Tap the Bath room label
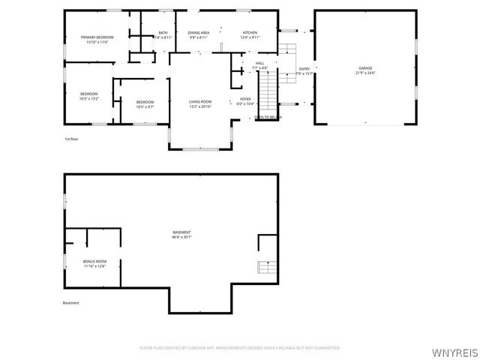pyautogui.click(x=163, y=34)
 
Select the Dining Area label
pyautogui.click(x=199, y=34)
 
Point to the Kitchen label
pyautogui.click(x=250, y=34)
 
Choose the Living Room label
pyautogui.click(x=199, y=102)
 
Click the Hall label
pyautogui.click(x=259, y=64)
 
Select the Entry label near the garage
pyautogui.click(x=304, y=69)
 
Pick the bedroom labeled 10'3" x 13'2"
pyautogui.click(x=88, y=95)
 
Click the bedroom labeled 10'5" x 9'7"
pyautogui.click(x=145, y=103)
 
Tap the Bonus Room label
pyautogui.click(x=94, y=262)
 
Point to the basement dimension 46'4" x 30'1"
pyautogui.click(x=181, y=237)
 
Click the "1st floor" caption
pyautogui.click(x=71, y=139)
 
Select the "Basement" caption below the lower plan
pyautogui.click(x=71, y=303)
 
